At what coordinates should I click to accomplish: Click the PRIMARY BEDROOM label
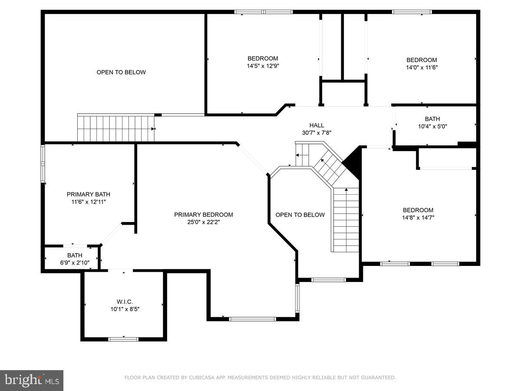(x=203, y=215)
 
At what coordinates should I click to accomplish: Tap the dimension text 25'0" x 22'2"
(x=203, y=222)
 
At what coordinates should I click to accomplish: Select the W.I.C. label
(x=124, y=302)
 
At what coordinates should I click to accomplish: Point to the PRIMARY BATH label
(x=88, y=194)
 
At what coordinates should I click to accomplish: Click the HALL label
(x=317, y=125)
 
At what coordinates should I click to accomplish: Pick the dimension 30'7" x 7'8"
(x=317, y=133)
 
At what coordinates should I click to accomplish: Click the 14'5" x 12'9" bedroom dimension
(x=263, y=66)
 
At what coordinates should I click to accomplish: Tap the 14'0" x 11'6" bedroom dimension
(x=422, y=67)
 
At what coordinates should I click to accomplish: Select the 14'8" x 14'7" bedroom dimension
(x=418, y=218)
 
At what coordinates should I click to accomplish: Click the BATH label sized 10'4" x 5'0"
(x=432, y=119)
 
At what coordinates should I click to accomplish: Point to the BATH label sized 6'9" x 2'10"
(x=75, y=255)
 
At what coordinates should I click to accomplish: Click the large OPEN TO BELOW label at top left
(x=121, y=72)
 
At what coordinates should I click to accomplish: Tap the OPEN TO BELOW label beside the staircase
(x=300, y=215)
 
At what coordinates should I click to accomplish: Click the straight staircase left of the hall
(x=116, y=128)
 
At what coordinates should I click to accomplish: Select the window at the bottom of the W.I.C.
(x=123, y=339)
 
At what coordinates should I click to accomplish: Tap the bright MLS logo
(x=31, y=380)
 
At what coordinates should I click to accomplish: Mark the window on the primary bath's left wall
(x=43, y=163)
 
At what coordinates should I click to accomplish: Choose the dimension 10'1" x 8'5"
(x=124, y=309)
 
